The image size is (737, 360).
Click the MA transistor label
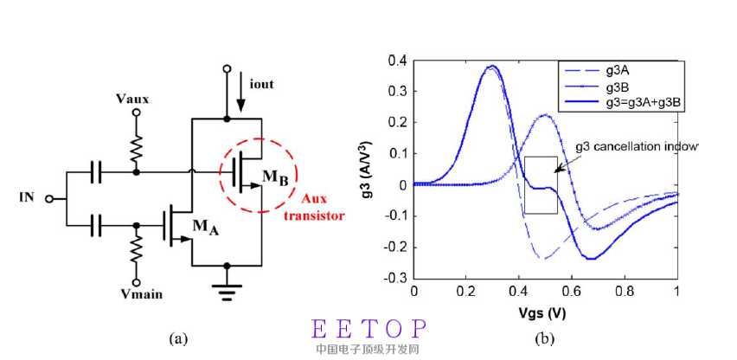(x=203, y=228)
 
